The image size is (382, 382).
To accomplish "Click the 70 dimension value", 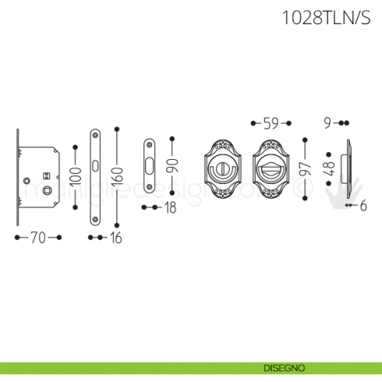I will (38, 238).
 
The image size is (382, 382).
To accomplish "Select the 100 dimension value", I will (75, 175).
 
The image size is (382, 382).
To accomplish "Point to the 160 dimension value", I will (116, 177).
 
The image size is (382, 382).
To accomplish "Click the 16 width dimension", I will (115, 238).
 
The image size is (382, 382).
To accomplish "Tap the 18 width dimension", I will (170, 207).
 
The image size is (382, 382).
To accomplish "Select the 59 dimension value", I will (271, 123).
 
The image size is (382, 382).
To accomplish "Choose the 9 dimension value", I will (328, 122).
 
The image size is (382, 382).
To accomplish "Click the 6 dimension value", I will (361, 206).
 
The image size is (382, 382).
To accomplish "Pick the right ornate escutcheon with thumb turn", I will (271, 170).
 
